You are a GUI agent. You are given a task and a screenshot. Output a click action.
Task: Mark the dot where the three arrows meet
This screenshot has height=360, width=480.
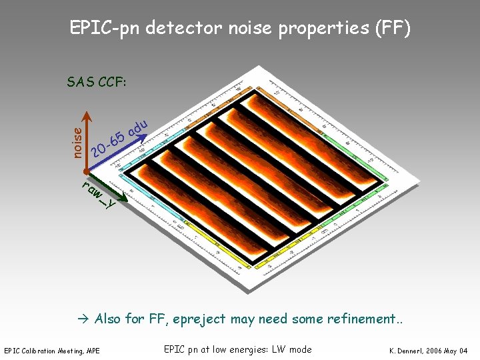pyautogui.click(x=86, y=175)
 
